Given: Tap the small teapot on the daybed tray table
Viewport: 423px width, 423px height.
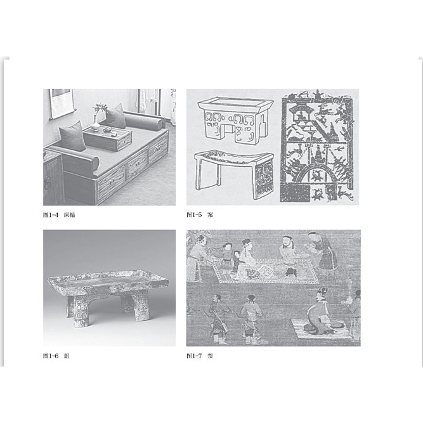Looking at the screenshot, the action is tap(108, 130).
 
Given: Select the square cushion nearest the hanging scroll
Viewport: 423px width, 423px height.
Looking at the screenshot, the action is tap(72, 136).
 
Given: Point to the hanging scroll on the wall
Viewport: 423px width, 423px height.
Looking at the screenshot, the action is tap(62, 103).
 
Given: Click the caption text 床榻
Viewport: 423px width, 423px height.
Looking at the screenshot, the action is tap(69, 215).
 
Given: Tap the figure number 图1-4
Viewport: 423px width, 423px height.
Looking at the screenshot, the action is tap(51, 215).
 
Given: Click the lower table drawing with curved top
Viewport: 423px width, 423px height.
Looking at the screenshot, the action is tap(234, 174).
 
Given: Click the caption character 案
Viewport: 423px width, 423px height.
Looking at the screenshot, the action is tap(210, 215).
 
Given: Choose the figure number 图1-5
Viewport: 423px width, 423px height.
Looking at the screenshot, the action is tap(194, 215).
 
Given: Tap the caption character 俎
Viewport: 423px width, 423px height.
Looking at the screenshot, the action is tap(67, 356).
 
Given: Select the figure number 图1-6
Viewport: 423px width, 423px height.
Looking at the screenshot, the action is tap(51, 356).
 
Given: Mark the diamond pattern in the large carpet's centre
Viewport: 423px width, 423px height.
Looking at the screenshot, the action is tap(264, 270).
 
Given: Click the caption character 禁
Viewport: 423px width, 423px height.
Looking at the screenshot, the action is tap(210, 356).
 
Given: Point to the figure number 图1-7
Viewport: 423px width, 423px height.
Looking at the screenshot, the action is tap(194, 356).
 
